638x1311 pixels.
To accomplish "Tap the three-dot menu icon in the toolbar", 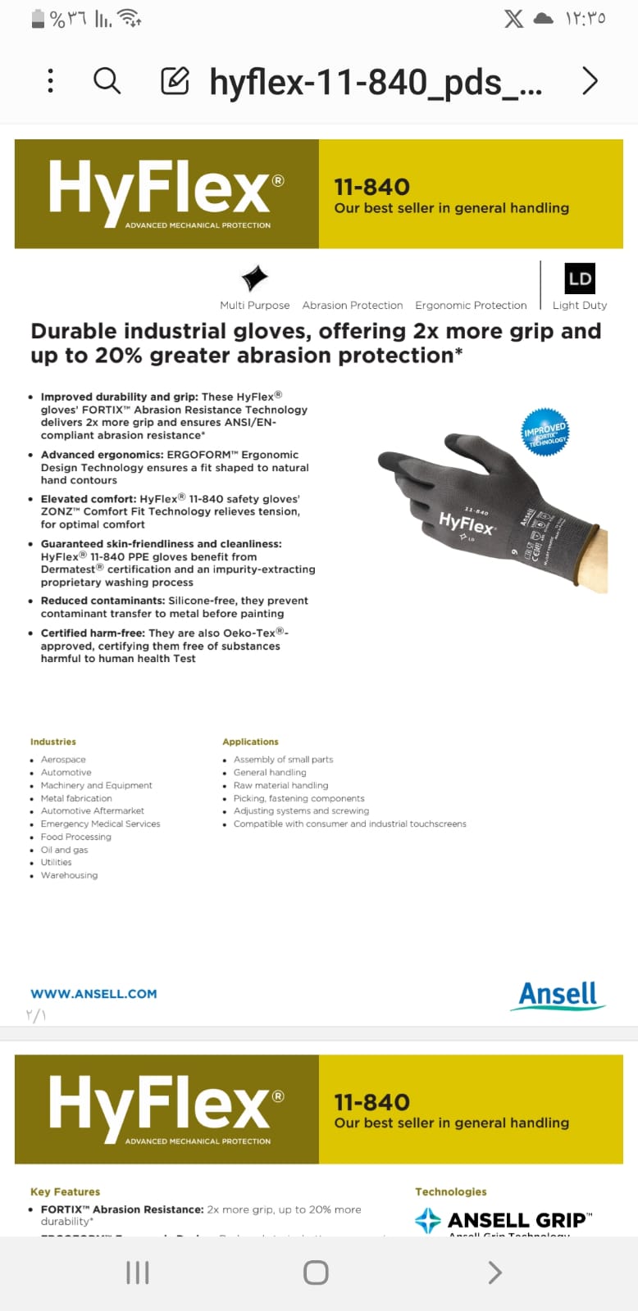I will pyautogui.click(x=51, y=81).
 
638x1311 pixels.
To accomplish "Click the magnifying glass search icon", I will pyautogui.click(x=107, y=81).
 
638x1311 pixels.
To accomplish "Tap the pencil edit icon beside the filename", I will pyautogui.click(x=175, y=81).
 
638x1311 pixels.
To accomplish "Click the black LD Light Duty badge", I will pyautogui.click(x=580, y=279).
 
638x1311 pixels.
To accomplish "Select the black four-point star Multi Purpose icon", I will pyautogui.click(x=255, y=278).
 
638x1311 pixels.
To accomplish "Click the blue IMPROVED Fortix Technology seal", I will pyautogui.click(x=545, y=432).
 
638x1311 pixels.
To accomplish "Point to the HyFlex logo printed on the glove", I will pyautogui.click(x=467, y=522).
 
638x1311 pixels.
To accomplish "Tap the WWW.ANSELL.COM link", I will pyautogui.click(x=93, y=994).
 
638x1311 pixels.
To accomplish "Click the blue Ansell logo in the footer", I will pyautogui.click(x=558, y=995).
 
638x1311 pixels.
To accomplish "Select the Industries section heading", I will pyautogui.click(x=53, y=742).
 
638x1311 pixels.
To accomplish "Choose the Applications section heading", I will pyautogui.click(x=250, y=742).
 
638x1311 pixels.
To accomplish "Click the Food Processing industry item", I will pyautogui.click(x=76, y=837).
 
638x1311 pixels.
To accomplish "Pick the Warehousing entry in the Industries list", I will pyautogui.click(x=69, y=875).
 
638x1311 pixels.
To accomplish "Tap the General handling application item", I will pyautogui.click(x=270, y=772).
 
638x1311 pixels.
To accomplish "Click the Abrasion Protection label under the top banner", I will pyautogui.click(x=353, y=306).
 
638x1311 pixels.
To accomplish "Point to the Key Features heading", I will pyautogui.click(x=65, y=1191).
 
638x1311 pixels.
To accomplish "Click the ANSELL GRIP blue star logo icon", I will pyautogui.click(x=428, y=1220).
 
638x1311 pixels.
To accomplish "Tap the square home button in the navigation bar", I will pyautogui.click(x=316, y=1272).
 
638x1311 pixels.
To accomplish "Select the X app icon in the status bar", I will pyautogui.click(x=514, y=19).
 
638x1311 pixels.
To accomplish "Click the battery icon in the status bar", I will pyautogui.click(x=38, y=19).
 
